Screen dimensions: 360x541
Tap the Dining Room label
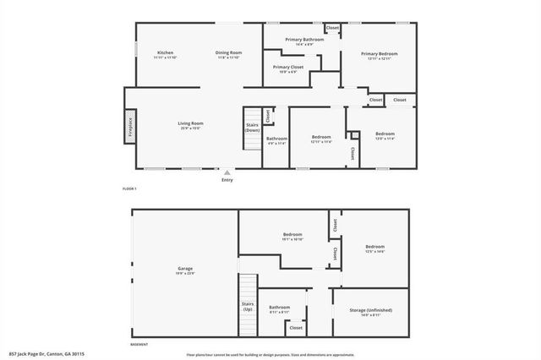[228, 55]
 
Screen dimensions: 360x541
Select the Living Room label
[190, 125]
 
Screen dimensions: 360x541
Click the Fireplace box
[131, 126]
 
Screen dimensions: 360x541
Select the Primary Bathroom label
[304, 41]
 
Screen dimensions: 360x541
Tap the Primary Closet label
[287, 68]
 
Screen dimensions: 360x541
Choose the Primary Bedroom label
[382, 55]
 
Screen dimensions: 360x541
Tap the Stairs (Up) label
[249, 308]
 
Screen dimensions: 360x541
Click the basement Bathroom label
[281, 308]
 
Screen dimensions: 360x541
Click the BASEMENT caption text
[140, 345]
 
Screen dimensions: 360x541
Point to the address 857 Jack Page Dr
[46, 354]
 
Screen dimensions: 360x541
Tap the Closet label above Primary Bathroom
[332, 28]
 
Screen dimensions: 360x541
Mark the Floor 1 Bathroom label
[276, 140]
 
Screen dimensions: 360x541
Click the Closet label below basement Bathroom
[296, 328]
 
